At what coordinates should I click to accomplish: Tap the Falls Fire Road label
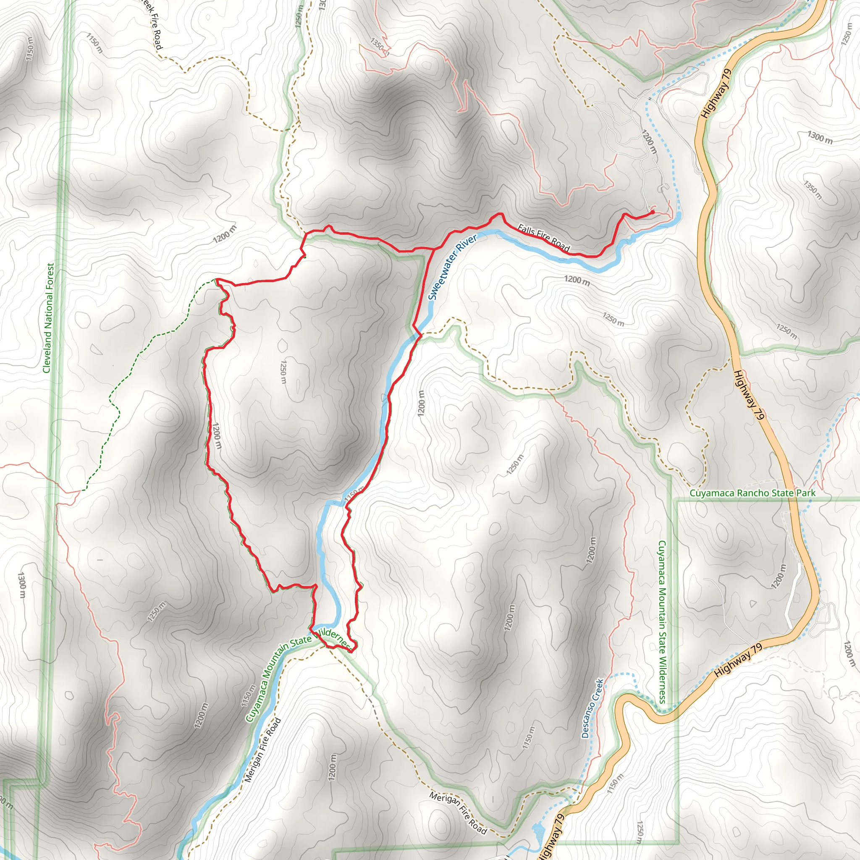[543, 238]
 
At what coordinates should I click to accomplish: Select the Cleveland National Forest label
[48, 318]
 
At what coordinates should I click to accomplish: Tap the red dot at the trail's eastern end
[652, 212]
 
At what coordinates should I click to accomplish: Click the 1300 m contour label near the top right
[820, 138]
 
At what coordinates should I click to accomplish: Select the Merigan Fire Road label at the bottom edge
[458, 813]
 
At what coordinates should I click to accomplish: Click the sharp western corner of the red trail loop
[216, 280]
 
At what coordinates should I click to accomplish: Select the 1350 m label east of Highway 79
[813, 190]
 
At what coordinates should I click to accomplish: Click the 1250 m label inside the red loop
[283, 372]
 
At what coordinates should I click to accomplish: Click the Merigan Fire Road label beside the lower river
[263, 750]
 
